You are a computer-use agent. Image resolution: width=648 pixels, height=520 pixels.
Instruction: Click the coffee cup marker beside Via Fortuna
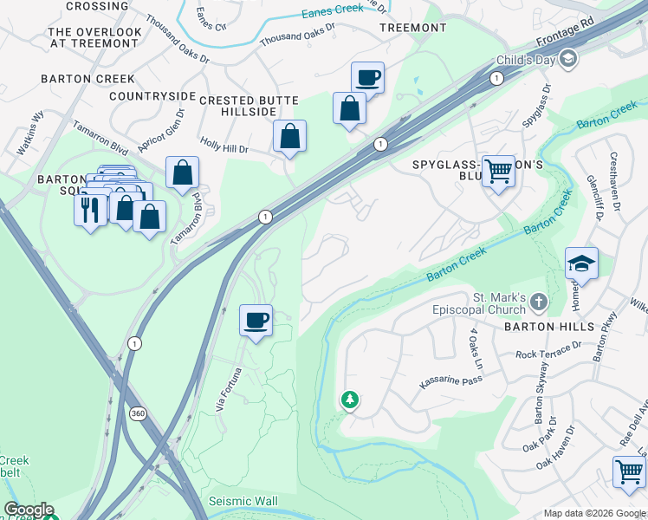[x=256, y=321]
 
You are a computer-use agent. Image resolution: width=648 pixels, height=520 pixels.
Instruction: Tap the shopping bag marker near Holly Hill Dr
[x=289, y=136]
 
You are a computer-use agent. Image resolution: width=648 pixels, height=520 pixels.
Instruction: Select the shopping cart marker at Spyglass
[x=498, y=171]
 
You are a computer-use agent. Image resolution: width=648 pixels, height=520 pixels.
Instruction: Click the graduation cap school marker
[x=581, y=263]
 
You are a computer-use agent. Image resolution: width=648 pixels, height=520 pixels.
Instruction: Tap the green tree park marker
[x=350, y=400]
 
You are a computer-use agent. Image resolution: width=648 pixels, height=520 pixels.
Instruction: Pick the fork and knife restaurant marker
[x=90, y=210]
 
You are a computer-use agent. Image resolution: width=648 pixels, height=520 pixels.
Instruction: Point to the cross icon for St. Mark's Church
[x=538, y=302]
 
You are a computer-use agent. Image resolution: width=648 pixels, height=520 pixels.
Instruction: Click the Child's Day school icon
[x=568, y=58]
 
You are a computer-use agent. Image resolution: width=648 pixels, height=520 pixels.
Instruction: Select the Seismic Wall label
[x=243, y=502]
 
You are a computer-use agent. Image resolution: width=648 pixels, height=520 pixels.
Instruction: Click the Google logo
[x=29, y=510]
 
